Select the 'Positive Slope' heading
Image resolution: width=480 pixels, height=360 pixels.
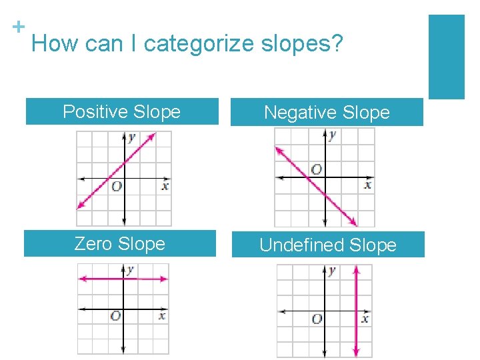tap(121, 111)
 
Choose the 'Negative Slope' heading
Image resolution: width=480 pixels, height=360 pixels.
tap(327, 113)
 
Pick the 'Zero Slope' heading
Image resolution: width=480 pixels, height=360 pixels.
tap(119, 243)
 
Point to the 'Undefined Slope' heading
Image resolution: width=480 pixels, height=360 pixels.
tap(327, 245)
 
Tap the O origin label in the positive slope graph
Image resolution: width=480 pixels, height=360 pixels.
tap(116, 187)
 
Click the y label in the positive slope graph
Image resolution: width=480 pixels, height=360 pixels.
tap(132, 137)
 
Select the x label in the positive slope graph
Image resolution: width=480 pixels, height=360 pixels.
tap(165, 186)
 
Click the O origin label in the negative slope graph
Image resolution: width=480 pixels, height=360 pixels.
tap(316, 169)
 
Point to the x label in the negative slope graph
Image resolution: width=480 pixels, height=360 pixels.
tap(367, 185)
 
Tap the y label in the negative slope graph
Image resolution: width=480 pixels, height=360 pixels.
tap(332, 135)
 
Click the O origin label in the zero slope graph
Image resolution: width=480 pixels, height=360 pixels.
tap(115, 316)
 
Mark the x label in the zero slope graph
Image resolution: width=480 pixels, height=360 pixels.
tap(162, 315)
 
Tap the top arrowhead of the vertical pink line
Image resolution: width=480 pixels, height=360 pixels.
tap(356, 269)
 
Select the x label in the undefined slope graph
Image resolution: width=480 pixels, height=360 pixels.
tap(365, 319)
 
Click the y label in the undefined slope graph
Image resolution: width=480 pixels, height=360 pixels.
tap(332, 271)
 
